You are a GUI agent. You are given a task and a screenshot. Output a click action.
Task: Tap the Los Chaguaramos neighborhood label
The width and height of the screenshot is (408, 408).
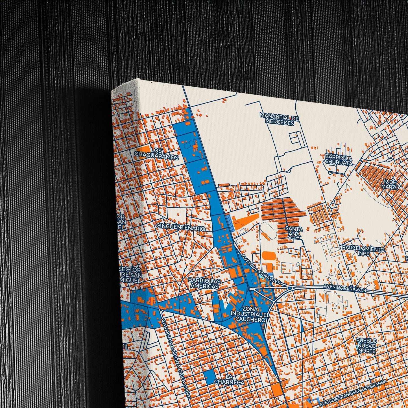point(157,154)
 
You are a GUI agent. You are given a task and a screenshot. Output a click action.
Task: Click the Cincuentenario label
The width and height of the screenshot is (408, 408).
point(181,227)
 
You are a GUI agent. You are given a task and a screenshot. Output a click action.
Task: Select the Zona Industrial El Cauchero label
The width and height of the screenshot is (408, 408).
point(248,314)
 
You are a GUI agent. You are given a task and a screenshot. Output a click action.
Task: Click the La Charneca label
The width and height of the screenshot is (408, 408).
point(229,380)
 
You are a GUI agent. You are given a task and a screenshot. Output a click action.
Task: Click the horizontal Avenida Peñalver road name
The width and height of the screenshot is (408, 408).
point(345,288)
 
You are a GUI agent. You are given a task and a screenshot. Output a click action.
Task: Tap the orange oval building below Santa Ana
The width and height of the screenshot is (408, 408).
point(268,256)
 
